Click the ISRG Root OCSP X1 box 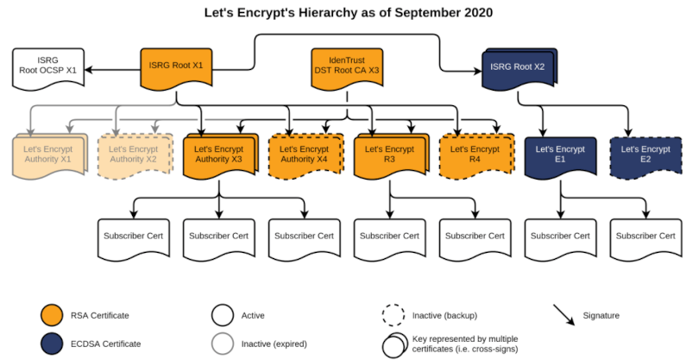point(48,68)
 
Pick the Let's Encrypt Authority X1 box point(48,155)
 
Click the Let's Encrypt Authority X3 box point(218,155)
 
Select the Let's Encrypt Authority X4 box point(304,155)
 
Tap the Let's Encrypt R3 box point(388,155)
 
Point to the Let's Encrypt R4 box point(473,155)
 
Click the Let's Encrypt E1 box point(558,155)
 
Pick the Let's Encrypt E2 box point(644,155)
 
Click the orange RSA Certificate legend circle point(53,315)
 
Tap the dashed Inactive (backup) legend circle point(394,315)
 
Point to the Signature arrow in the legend point(566,316)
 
